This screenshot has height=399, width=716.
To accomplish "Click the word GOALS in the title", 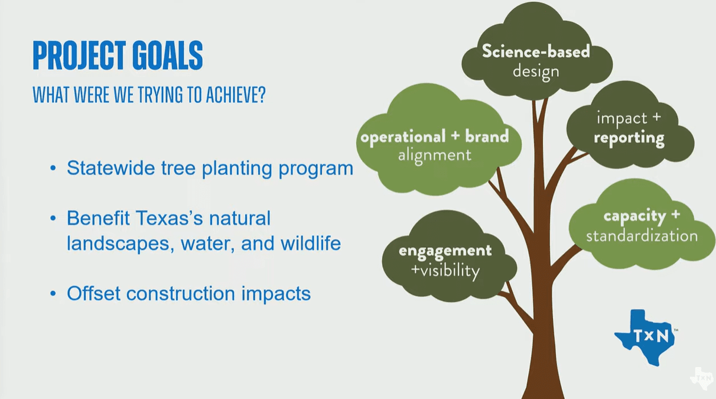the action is [168, 55].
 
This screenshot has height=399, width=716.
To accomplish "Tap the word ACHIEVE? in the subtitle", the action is [236, 95].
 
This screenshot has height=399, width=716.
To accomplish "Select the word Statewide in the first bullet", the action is [111, 167].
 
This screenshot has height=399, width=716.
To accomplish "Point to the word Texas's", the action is [169, 218].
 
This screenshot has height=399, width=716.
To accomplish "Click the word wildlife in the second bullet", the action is [311, 243].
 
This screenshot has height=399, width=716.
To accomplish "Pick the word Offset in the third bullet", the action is [93, 293].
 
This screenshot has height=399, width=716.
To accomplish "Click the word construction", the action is [181, 294].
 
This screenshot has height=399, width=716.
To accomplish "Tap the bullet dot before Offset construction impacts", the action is [53, 294].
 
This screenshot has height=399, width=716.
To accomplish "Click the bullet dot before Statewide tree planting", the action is [53, 168].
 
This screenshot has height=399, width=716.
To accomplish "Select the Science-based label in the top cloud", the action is [536, 51].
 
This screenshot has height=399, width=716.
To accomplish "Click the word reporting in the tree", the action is [629, 138].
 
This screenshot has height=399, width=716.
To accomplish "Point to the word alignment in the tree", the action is [435, 156].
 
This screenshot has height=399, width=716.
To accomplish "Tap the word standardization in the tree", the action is [642, 236].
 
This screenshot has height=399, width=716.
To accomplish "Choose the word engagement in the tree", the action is [445, 251].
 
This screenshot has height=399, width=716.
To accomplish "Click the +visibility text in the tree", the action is [445, 271].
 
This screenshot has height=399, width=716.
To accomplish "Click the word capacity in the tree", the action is [635, 216].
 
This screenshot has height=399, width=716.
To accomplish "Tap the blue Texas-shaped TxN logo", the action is [645, 338].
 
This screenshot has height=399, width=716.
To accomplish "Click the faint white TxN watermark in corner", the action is [702, 378].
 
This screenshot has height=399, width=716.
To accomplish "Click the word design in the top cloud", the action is [536, 72].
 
